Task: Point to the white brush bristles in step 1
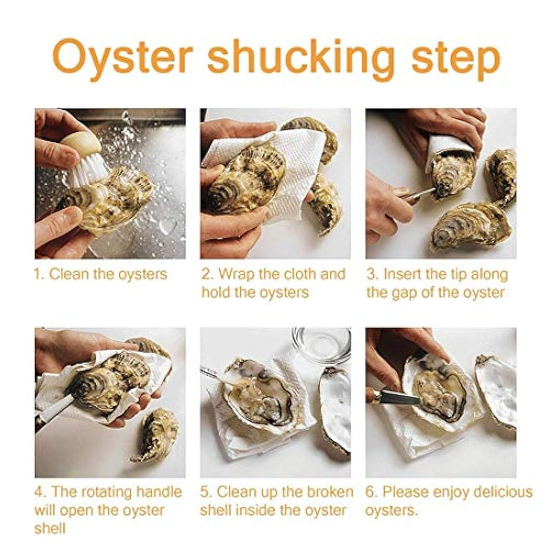(x=87, y=170)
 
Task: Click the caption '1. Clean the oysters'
(x=101, y=274)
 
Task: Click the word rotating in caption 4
(x=107, y=493)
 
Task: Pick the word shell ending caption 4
(x=50, y=528)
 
